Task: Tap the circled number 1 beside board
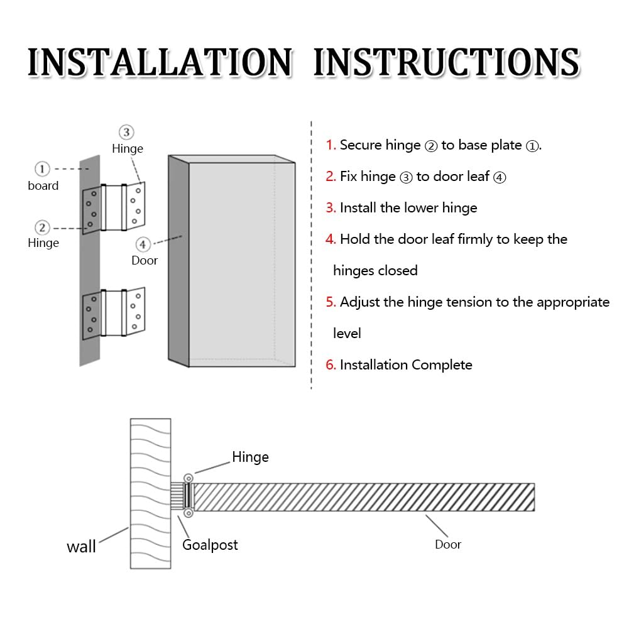[x=42, y=169]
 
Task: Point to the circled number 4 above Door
[x=143, y=244]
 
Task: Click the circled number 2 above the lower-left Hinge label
[x=42, y=227]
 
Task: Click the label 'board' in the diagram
[x=43, y=186]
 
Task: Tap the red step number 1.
[x=331, y=145]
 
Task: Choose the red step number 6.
[x=331, y=365]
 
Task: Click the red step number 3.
[x=331, y=208]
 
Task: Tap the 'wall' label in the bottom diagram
[x=82, y=547]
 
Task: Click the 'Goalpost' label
[x=210, y=545]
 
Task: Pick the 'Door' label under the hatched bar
[x=448, y=545]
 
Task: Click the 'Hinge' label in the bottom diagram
[x=250, y=457]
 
